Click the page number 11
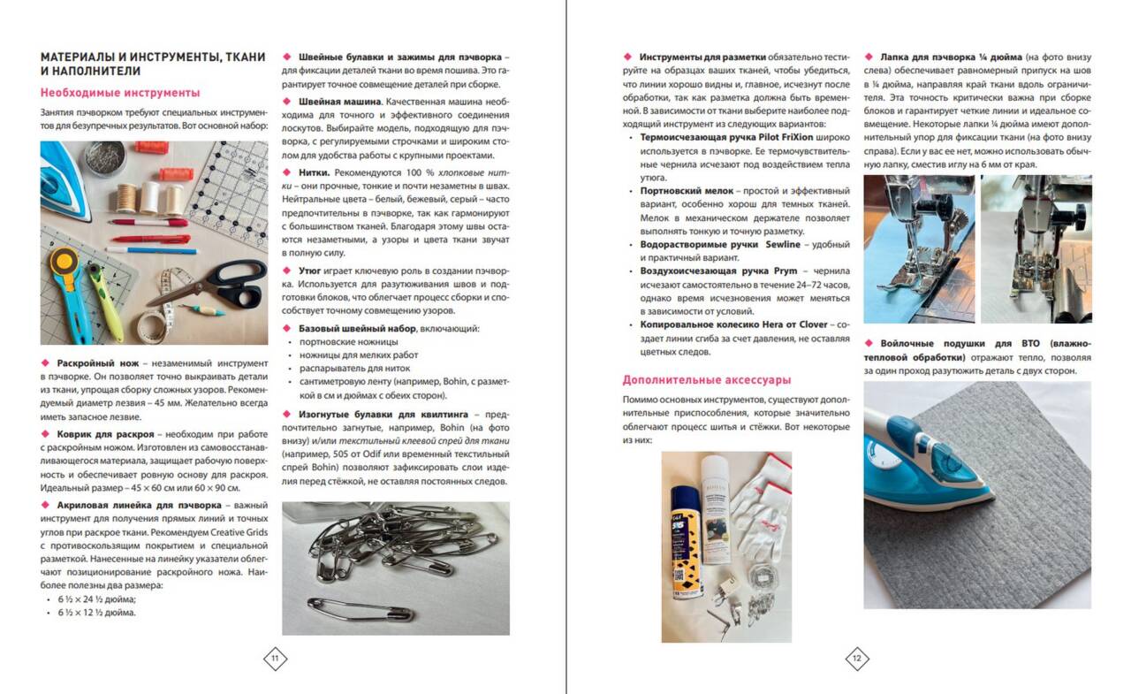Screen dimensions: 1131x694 (x=275, y=658)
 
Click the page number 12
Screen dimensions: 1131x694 (x=857, y=658)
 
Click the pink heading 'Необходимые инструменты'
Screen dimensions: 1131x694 (x=120, y=93)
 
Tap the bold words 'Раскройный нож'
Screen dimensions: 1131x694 (x=97, y=363)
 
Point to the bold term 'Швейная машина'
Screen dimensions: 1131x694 (x=339, y=102)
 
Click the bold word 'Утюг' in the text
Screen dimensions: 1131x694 (x=309, y=271)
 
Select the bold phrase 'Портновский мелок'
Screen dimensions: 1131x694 (x=687, y=191)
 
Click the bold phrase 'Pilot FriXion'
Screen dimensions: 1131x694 (x=786, y=137)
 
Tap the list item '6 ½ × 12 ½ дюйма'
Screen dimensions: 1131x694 (x=96, y=612)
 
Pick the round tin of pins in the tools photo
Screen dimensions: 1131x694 (x=104, y=158)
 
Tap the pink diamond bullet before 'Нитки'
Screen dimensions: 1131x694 (x=287, y=172)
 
